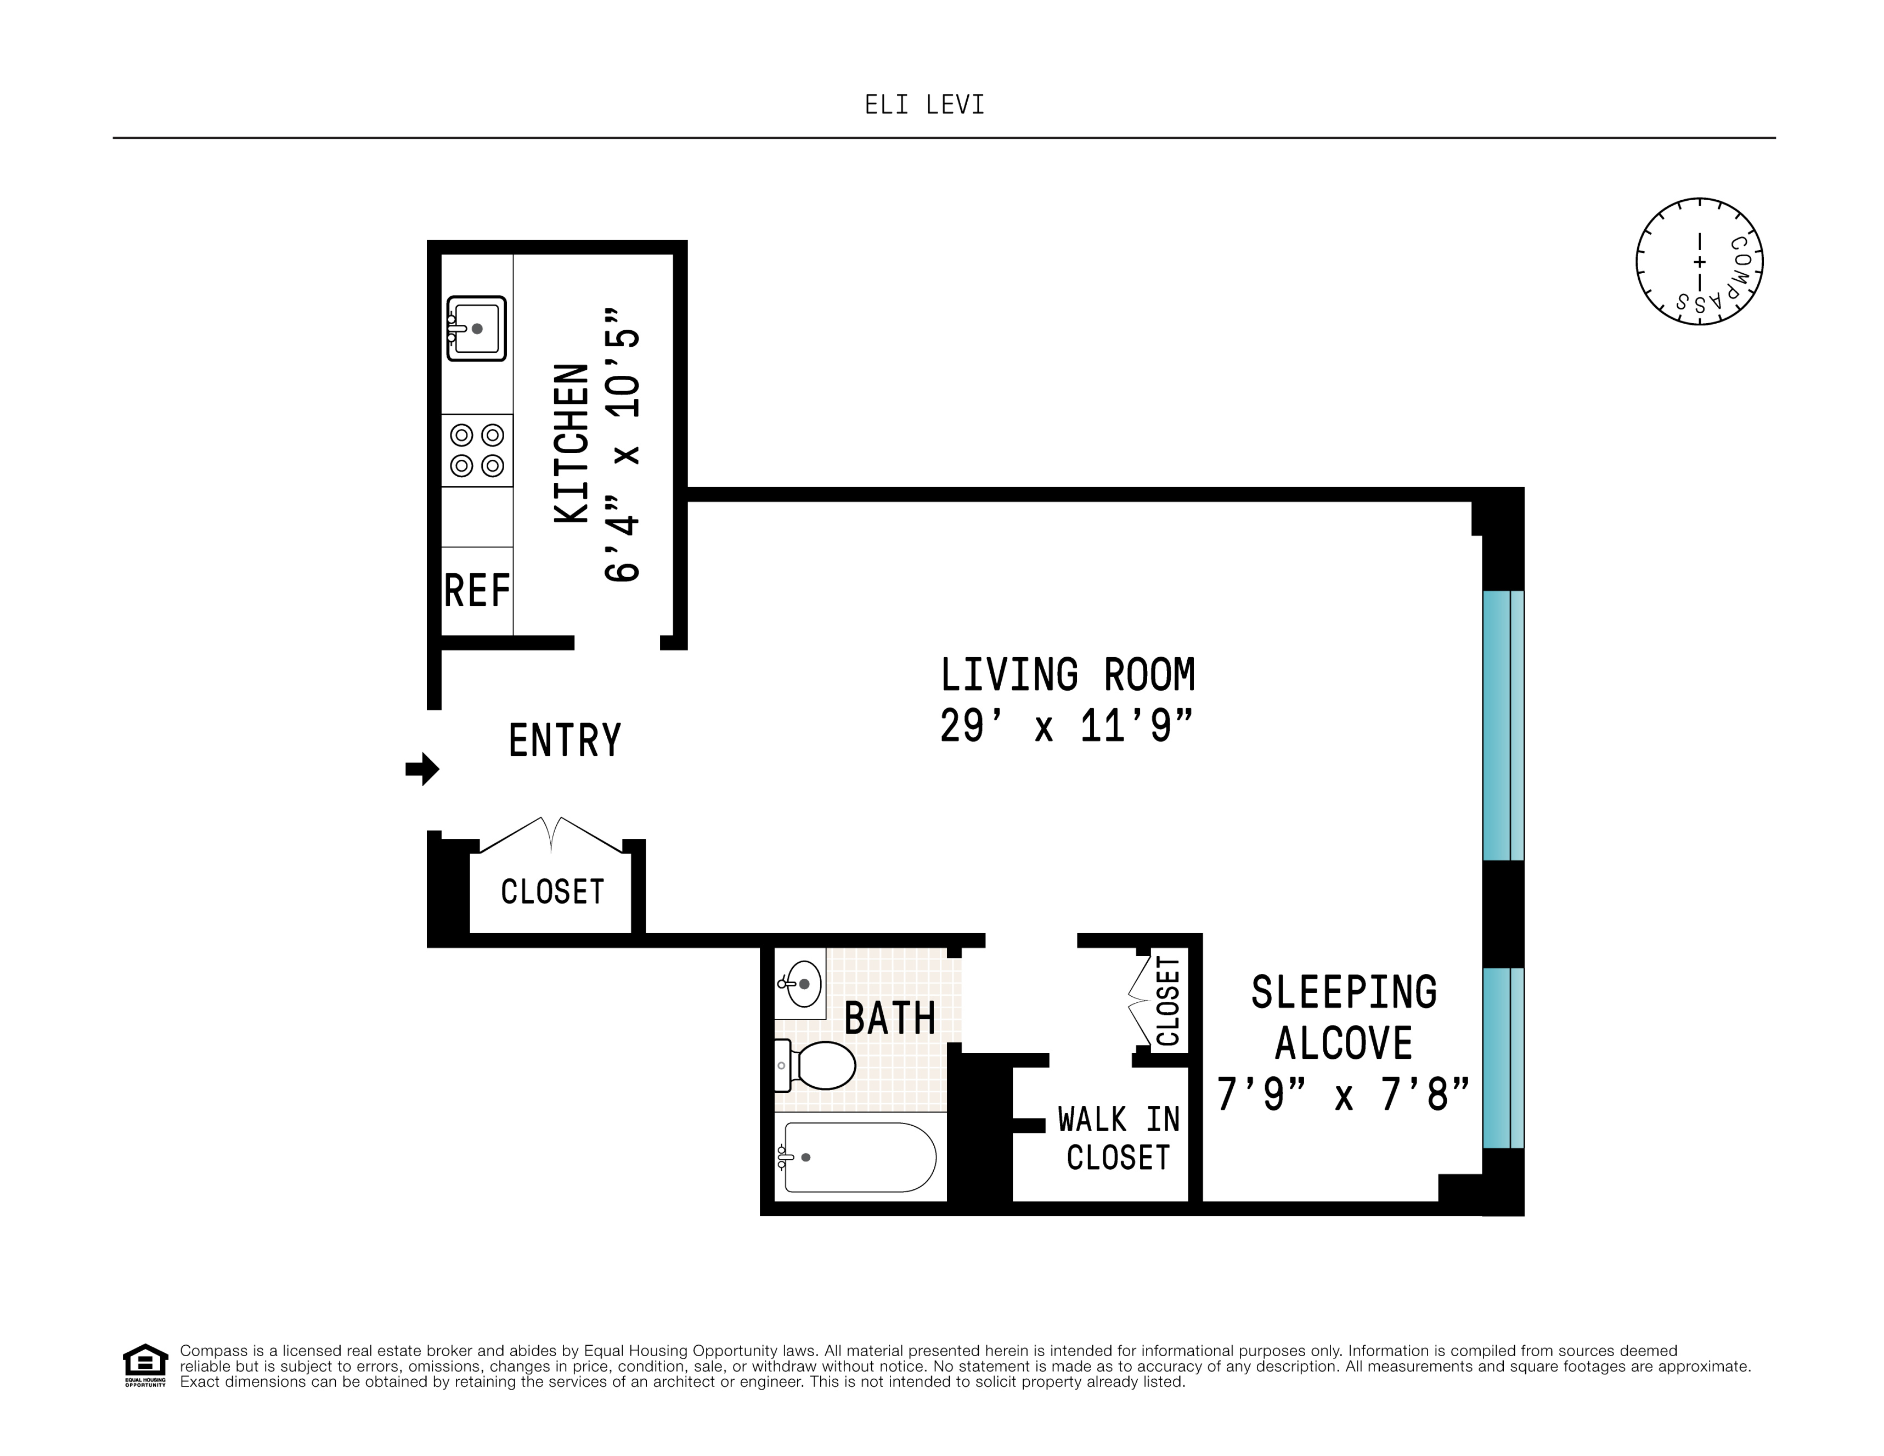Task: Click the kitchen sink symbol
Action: tap(476, 329)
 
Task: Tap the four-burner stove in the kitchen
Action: tap(477, 450)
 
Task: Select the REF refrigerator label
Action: tap(477, 592)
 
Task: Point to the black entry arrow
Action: tap(422, 769)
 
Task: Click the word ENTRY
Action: tap(565, 740)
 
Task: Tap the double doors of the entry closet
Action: tap(552, 835)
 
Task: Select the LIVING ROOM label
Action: tap(1067, 675)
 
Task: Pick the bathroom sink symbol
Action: tap(802, 983)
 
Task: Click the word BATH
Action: tap(889, 1019)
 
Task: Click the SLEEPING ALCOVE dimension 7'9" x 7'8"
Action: tap(1343, 1094)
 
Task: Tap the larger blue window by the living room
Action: tap(1503, 725)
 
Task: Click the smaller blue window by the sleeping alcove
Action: tap(1503, 1058)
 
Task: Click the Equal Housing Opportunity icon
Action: tap(145, 1364)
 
